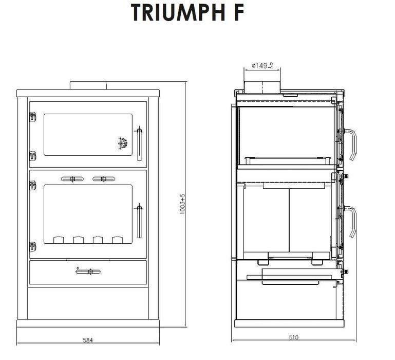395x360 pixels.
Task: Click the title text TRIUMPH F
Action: tap(186, 13)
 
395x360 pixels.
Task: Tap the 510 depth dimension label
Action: tap(293, 337)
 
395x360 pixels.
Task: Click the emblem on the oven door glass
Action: tap(123, 143)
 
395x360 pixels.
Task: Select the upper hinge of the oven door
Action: tap(33, 117)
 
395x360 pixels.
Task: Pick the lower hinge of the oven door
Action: tap(33, 155)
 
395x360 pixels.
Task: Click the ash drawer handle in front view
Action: tap(87, 271)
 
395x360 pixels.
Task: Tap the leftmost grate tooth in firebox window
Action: tap(58, 240)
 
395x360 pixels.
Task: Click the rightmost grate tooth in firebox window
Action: tap(118, 240)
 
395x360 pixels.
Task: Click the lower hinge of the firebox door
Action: tap(33, 245)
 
